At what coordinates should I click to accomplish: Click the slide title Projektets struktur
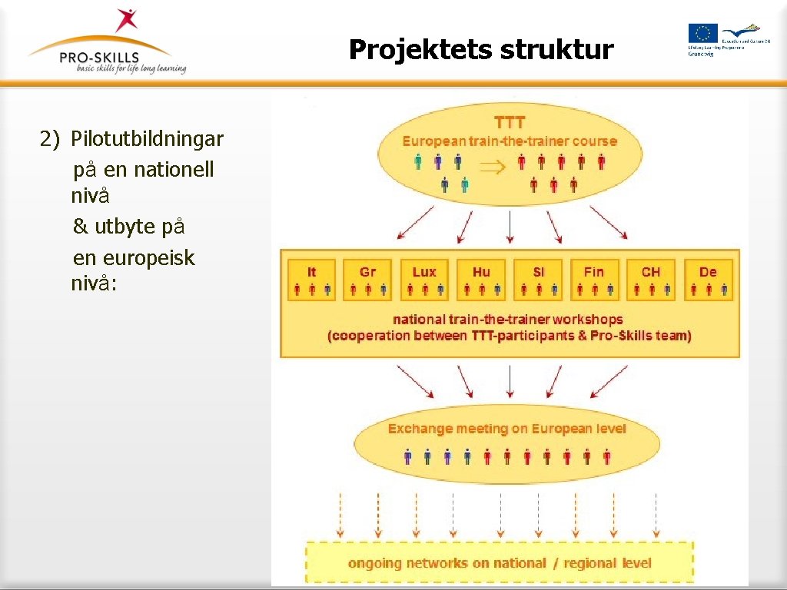pos(481,50)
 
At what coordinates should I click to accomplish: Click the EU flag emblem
pos(702,33)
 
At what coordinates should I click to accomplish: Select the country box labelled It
pos(311,280)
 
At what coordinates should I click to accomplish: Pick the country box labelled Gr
pos(368,280)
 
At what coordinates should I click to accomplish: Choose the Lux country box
pos(424,280)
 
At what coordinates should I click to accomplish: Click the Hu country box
pos(481,280)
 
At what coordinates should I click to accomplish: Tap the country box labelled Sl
pos(538,280)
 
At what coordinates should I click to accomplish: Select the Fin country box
pos(594,280)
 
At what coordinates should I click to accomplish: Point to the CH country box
pos(651,280)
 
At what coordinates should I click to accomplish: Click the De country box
pos(708,280)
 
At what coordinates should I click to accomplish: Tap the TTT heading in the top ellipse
pos(510,122)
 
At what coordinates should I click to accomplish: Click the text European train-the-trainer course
pos(510,141)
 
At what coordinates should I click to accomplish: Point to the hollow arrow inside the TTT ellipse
pos(490,167)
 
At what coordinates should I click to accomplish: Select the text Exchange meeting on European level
pos(506,429)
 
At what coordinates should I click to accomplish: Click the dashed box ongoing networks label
pos(500,563)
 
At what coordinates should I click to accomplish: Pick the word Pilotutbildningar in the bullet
pos(147,139)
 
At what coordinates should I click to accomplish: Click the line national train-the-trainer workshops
pos(507,319)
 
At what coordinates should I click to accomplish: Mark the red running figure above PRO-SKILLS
pos(125,20)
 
